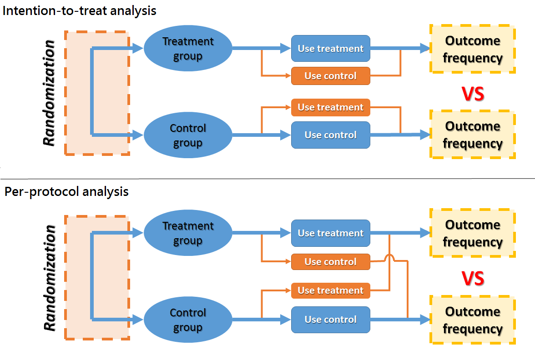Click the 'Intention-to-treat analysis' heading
80,10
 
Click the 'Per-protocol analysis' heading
66,191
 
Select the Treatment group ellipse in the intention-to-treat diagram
188,49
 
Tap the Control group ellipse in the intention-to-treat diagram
188,135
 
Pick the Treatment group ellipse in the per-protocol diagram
188,233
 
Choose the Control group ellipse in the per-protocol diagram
188,320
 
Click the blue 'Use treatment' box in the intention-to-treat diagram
331,49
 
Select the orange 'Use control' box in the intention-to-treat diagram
331,76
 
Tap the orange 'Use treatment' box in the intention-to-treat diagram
331,107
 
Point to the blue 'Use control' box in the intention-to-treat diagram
331,135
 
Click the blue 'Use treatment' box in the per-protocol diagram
331,233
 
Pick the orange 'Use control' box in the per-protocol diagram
331,262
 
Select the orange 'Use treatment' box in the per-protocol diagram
331,290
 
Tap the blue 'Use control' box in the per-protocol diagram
331,320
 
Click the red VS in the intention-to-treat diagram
473,94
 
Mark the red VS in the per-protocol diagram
473,278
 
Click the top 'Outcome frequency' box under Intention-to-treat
473,49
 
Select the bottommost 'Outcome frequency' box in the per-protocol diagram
473,320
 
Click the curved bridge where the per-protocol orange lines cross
389,259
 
